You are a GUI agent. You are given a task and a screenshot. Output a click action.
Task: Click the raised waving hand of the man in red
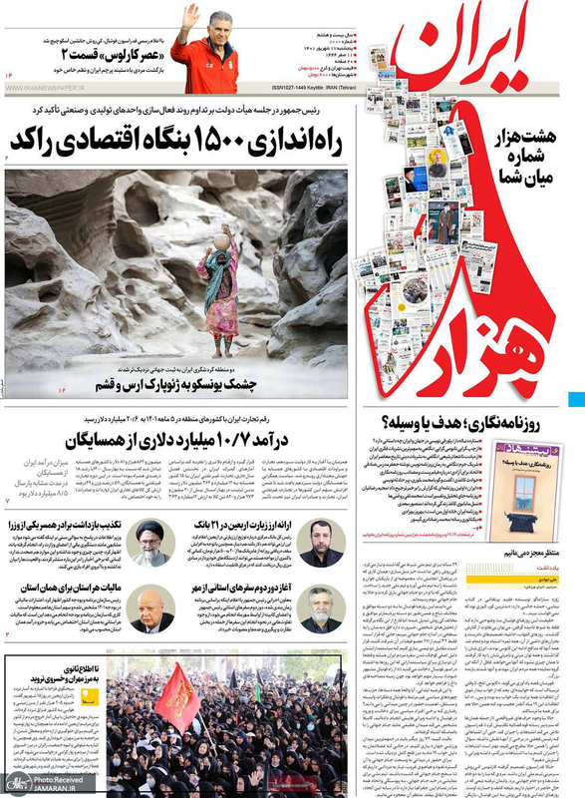click(189, 14)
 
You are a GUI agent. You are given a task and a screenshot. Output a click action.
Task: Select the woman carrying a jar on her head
click(219, 289)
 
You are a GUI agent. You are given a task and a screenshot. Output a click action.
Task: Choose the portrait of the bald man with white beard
click(151, 607)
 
